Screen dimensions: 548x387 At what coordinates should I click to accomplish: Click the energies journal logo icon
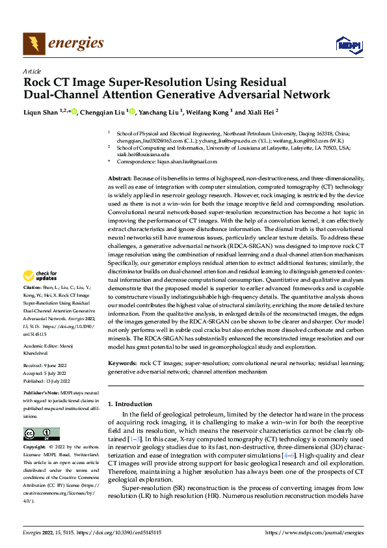click(x=33, y=44)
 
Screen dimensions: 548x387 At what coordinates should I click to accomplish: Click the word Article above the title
click(x=32, y=71)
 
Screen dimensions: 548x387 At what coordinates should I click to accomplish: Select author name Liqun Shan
click(x=41, y=112)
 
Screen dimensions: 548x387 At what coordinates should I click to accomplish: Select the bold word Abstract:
click(x=120, y=178)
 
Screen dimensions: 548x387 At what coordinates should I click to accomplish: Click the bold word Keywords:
click(x=122, y=363)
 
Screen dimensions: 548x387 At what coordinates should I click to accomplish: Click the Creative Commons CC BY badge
click(x=41, y=433)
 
